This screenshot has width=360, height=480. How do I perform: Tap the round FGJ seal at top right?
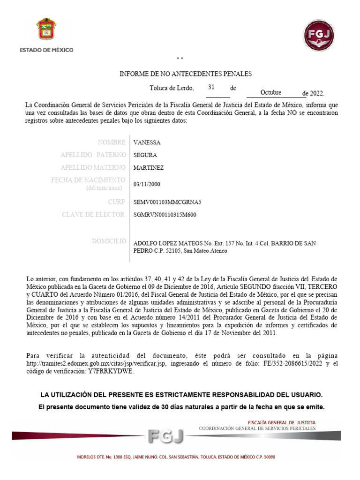(x=318, y=35)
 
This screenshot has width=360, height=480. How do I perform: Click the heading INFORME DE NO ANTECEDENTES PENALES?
(x=186, y=74)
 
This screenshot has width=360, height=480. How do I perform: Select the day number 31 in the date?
(x=211, y=87)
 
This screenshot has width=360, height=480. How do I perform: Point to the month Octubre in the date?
(x=270, y=92)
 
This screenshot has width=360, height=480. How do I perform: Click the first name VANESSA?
(x=147, y=142)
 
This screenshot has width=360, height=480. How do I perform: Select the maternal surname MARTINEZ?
(x=149, y=168)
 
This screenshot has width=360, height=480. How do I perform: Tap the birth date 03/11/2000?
(x=150, y=184)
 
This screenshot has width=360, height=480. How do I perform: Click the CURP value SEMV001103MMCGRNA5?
(x=167, y=202)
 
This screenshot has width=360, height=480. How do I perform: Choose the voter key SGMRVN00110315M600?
(x=165, y=215)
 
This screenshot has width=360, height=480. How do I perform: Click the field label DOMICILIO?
(x=109, y=241)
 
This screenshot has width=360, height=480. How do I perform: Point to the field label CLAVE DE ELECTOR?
(x=93, y=215)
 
